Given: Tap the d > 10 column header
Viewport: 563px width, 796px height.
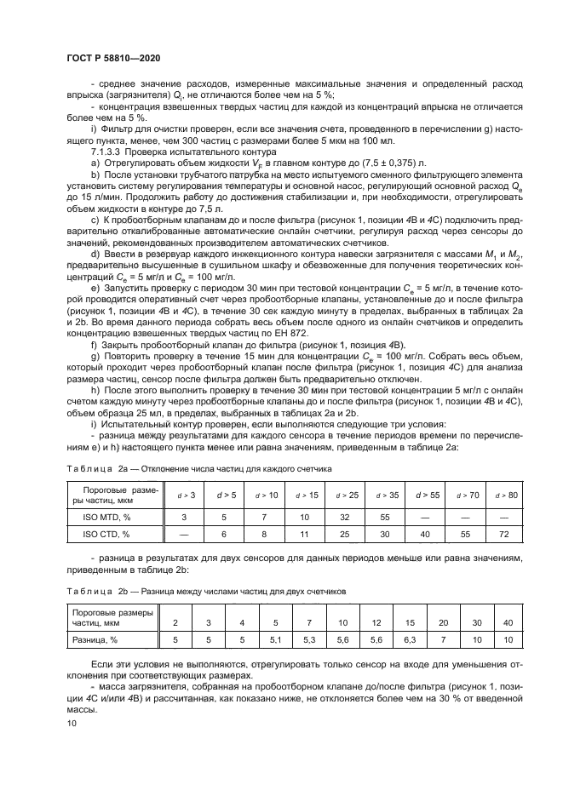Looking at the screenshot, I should [269, 494].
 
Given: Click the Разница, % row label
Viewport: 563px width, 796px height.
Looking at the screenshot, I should [97, 638].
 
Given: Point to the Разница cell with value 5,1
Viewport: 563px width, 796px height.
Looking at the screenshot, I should [275, 638].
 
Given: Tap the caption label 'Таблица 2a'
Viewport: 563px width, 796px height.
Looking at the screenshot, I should [100, 469].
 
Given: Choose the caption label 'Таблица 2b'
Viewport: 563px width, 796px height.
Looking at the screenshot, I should [100, 590].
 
